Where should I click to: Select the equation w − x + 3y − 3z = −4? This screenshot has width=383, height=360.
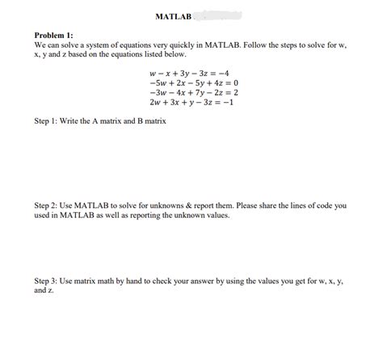(x=191, y=74)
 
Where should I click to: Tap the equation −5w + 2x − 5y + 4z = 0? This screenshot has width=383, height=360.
(x=191, y=83)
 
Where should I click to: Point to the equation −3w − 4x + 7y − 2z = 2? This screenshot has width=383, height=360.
(x=191, y=93)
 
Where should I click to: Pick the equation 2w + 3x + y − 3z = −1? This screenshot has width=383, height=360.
(x=191, y=103)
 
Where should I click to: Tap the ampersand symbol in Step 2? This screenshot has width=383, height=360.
(x=191, y=205)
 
